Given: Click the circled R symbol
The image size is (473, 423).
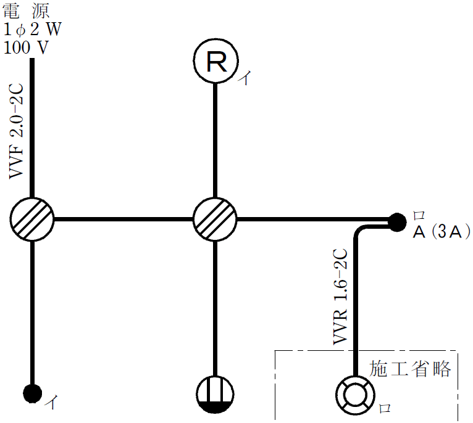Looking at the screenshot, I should pyautogui.click(x=214, y=61).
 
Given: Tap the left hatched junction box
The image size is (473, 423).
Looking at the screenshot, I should pyautogui.click(x=32, y=219).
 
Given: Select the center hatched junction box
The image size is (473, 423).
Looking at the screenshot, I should pyautogui.click(x=214, y=219).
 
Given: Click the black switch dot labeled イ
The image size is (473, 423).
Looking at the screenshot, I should pyautogui.click(x=32, y=392).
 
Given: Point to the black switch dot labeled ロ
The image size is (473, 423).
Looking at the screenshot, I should pyautogui.click(x=396, y=220).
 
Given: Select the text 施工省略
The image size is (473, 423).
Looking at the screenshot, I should pyautogui.click(x=410, y=369).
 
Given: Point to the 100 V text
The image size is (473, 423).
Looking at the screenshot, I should pyautogui.click(x=27, y=47).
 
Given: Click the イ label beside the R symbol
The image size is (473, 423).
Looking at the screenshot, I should pyautogui.click(x=246, y=78).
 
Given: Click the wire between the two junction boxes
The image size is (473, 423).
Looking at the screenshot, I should pyautogui.click(x=123, y=219).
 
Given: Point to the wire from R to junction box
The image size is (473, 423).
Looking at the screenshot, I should pyautogui.click(x=214, y=136).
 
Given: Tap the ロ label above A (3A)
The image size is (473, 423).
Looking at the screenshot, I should pyautogui.click(x=419, y=216).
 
